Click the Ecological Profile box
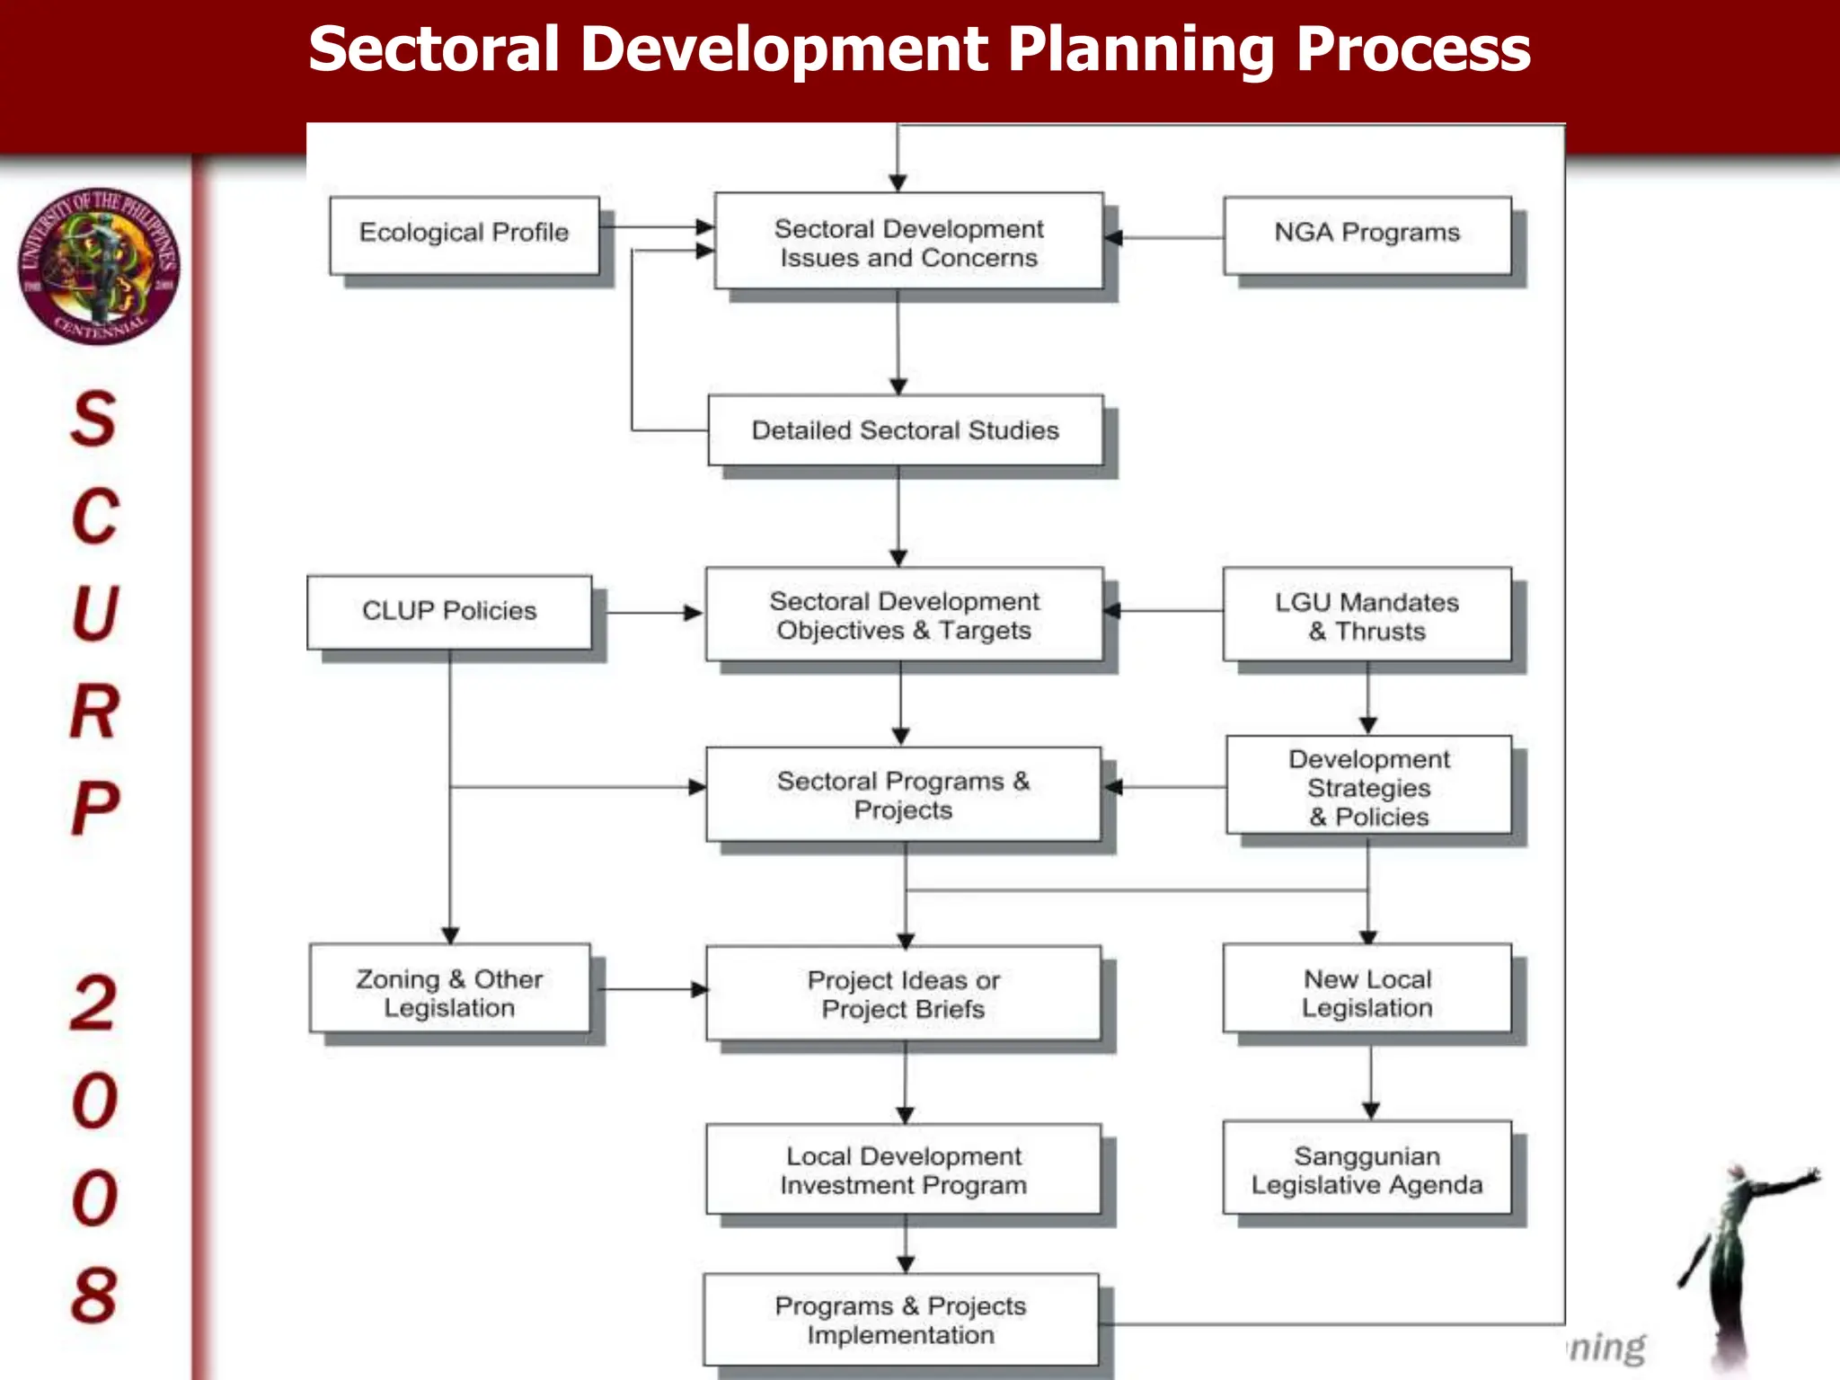click(464, 234)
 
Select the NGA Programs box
click(1367, 234)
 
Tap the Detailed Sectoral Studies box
click(905, 430)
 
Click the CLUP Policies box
click(449, 612)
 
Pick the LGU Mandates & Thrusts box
click(1367, 615)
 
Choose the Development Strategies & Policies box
click(1368, 786)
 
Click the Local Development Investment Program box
click(903, 1169)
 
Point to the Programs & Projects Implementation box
click(900, 1319)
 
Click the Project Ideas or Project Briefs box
click(903, 993)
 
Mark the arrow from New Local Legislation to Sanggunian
click(1370, 1083)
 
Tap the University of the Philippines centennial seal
click(99, 267)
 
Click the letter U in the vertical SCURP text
click(95, 614)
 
